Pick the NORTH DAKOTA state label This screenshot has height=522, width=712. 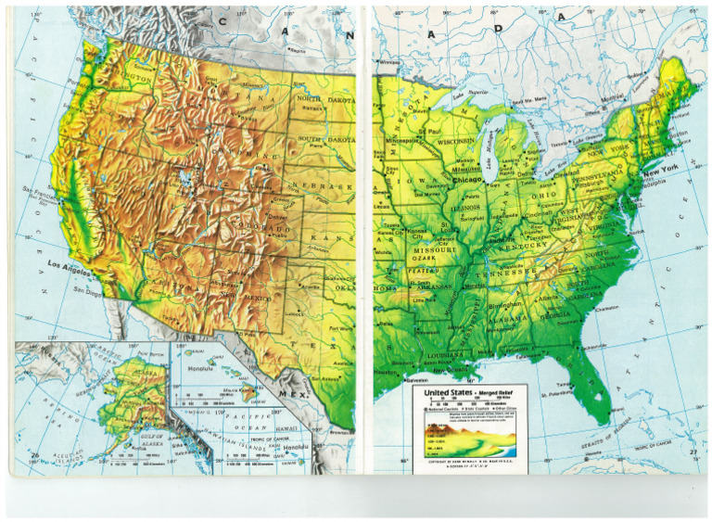[324, 98]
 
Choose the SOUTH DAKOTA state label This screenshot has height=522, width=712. [324, 138]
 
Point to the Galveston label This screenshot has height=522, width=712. [389, 378]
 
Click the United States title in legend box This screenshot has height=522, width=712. [451, 393]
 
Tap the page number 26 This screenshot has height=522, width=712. [35, 454]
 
